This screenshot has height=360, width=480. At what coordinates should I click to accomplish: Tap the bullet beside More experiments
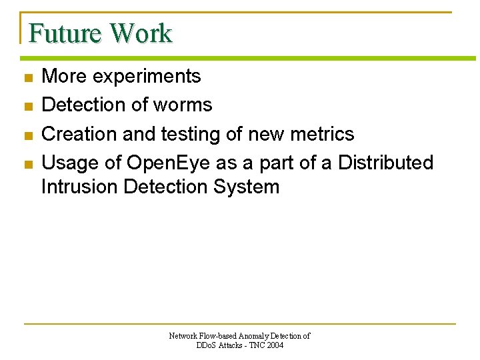click(27, 78)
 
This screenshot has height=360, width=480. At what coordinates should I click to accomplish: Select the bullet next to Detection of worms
click(27, 107)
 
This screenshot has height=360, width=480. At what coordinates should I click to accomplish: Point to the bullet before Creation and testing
click(27, 135)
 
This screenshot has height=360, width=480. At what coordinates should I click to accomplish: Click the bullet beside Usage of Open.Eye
click(27, 164)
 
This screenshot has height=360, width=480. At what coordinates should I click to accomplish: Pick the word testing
click(191, 135)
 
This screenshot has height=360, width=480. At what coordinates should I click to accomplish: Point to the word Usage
click(69, 163)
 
